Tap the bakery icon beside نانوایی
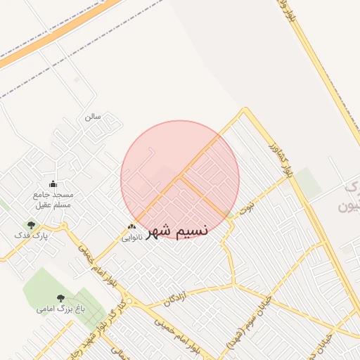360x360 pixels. point(131,226)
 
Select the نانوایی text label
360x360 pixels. point(133,237)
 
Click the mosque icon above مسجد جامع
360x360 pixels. point(52,184)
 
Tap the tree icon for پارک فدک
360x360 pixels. point(31,225)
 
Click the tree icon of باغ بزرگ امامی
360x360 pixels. point(60,298)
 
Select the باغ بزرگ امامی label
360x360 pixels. point(61,309)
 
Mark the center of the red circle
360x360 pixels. point(180,179)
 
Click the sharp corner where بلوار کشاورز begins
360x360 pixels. point(245,109)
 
